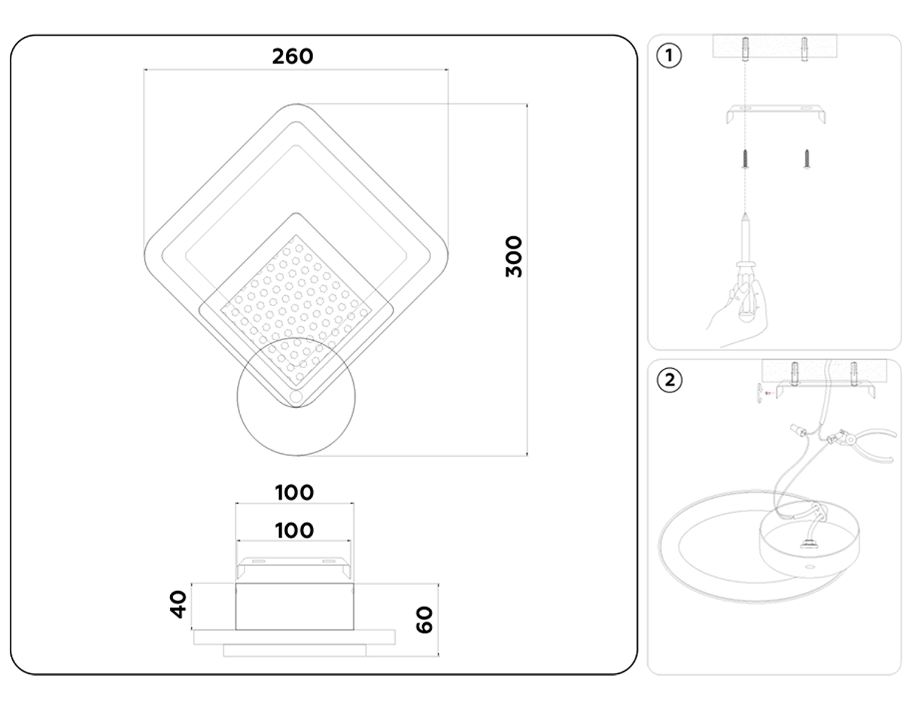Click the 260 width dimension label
(x=292, y=57)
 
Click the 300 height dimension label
(x=514, y=256)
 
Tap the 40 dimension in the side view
(x=179, y=605)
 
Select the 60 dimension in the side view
(x=425, y=620)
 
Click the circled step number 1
(x=669, y=56)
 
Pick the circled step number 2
(x=669, y=380)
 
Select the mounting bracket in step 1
(x=776, y=113)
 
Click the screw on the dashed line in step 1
(x=745, y=159)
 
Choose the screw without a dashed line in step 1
(x=807, y=159)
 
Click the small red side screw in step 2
(x=767, y=393)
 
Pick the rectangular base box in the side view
(x=294, y=606)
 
